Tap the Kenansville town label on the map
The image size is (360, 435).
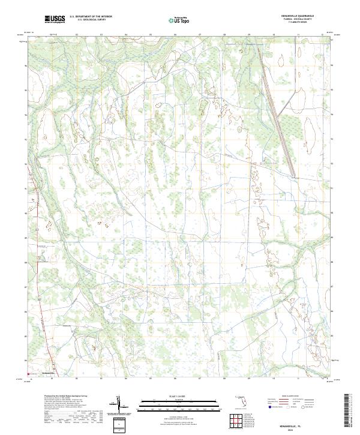coord(49,373)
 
